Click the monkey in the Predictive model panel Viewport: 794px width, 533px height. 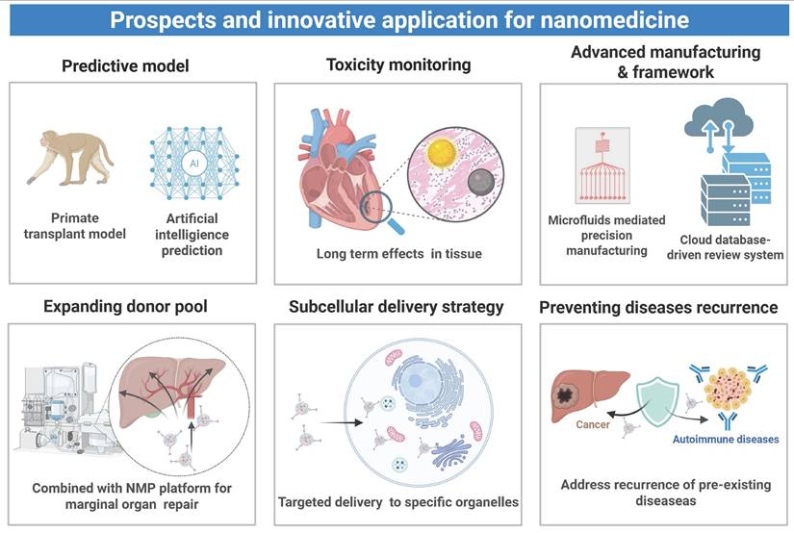(71, 158)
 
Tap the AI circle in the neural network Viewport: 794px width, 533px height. (194, 163)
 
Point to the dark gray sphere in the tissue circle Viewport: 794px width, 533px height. (480, 183)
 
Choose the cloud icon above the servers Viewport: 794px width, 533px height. (718, 117)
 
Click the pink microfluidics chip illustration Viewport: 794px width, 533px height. (602, 165)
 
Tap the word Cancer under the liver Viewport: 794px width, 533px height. (593, 424)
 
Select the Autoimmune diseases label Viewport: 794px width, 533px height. (726, 440)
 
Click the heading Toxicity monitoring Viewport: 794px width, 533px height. (398, 64)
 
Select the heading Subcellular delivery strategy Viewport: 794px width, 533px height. (396, 307)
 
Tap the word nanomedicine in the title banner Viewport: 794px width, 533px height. (615, 20)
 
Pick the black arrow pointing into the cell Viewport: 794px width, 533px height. (343, 422)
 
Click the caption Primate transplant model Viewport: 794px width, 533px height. (75, 226)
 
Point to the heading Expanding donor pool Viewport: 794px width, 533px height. (125, 306)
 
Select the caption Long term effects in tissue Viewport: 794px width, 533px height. (399, 254)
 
